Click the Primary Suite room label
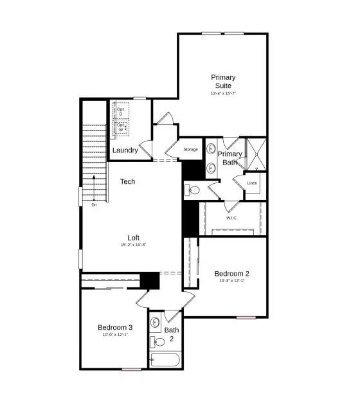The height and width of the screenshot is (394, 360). pos(222,81)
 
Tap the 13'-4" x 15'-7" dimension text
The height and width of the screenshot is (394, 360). pos(222,93)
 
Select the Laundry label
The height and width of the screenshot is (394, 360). pos(125,150)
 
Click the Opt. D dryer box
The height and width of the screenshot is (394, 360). pos(122,111)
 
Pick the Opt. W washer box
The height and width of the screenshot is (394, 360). pos(122,127)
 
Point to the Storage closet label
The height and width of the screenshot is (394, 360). pos(191,149)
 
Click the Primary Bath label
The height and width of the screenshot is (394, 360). pos(230,158)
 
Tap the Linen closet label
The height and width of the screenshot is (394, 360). pos(253,183)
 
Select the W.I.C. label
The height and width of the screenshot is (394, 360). pos(232,218)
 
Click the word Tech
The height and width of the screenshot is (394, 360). pos(128,182)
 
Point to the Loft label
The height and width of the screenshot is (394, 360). pos(134,237)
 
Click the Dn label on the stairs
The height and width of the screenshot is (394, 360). pos(94,205)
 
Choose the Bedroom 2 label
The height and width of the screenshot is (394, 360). pos(231,273)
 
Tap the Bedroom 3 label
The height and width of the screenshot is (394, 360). pos(115,327)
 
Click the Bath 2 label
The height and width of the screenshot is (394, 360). pos(172,334)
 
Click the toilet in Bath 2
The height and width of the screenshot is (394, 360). pos(156,341)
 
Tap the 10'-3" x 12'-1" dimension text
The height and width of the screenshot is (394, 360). pos(231,282)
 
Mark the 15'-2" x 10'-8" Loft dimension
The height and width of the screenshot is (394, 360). pos(134,245)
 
